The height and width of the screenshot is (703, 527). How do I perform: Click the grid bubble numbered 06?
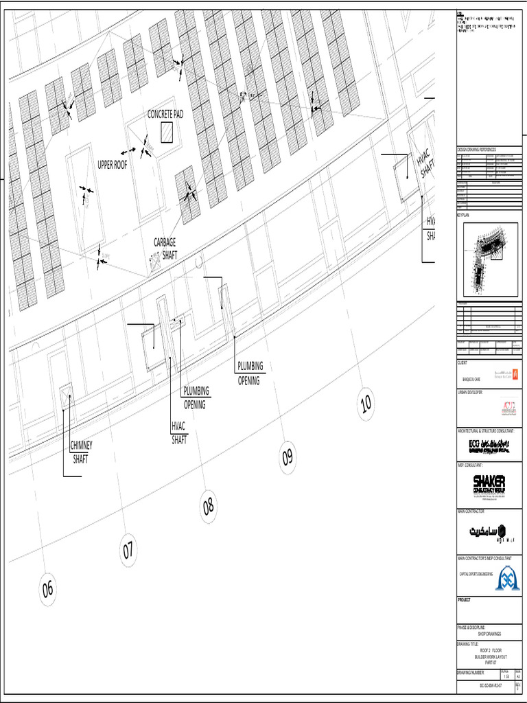click(47, 589)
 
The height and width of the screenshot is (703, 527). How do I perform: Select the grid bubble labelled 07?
click(128, 550)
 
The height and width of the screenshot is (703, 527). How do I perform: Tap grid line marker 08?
click(209, 507)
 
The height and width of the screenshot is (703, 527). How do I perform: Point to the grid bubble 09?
click(288, 456)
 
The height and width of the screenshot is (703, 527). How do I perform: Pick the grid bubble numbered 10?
click(366, 404)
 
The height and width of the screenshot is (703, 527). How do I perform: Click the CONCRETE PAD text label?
click(165, 114)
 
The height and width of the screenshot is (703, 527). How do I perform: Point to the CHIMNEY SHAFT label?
click(81, 452)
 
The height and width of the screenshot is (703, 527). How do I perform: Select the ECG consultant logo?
click(490, 446)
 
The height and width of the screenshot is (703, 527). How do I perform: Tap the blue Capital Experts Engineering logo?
click(508, 577)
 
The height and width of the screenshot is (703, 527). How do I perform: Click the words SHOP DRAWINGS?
click(490, 634)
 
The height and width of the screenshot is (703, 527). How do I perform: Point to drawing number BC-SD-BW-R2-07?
click(490, 685)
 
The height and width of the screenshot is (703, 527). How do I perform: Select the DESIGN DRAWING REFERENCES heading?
click(476, 149)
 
